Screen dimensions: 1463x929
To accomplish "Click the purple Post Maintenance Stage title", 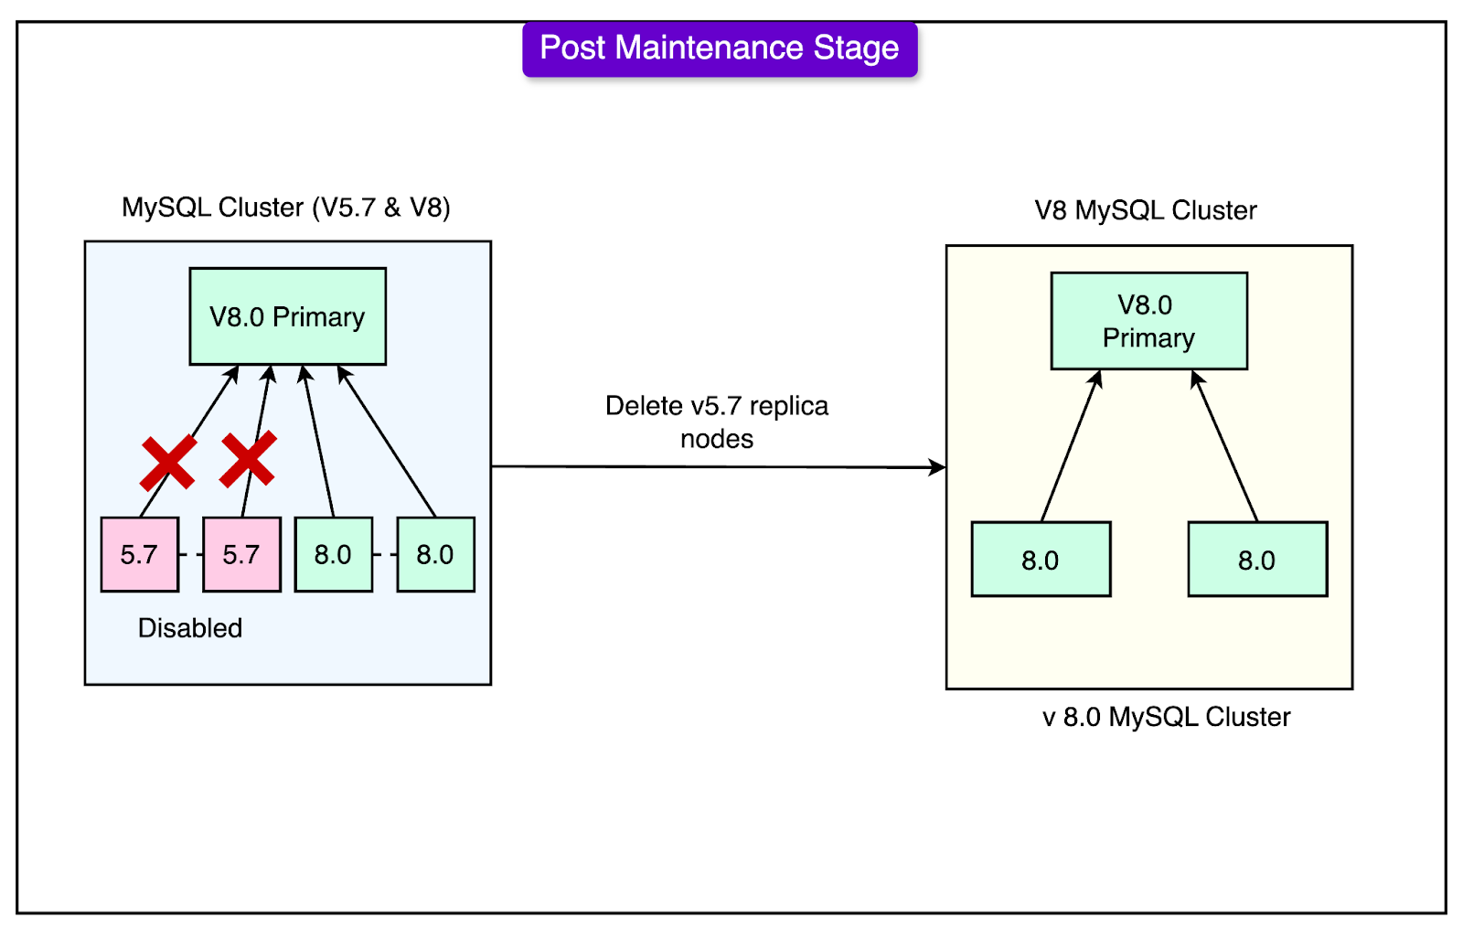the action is (x=720, y=49).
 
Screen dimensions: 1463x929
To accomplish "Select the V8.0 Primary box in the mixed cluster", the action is (x=287, y=316).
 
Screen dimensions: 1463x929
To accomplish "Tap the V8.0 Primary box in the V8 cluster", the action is (x=1148, y=321).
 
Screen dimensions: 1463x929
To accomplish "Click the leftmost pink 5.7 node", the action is (x=140, y=555).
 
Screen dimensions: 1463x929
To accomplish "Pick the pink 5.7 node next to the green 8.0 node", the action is (x=241, y=555).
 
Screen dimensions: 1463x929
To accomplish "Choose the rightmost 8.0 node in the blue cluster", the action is (x=435, y=555).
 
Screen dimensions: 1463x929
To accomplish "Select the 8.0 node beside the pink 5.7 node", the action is (x=334, y=555).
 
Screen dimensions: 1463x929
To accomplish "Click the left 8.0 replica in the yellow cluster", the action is (x=1041, y=560).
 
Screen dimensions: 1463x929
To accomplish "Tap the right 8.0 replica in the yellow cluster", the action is (x=1257, y=560).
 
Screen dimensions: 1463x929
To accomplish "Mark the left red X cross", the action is (x=168, y=462).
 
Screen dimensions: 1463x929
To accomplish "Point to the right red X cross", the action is (x=248, y=459).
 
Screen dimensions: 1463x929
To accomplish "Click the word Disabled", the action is (x=190, y=628).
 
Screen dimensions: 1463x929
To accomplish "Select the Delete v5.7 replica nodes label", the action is (x=717, y=422).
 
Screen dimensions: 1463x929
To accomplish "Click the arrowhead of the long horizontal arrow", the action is (x=938, y=467).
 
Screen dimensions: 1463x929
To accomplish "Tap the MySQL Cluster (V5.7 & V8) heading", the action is (x=286, y=208).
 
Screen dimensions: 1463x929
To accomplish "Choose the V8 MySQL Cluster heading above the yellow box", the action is (x=1146, y=210).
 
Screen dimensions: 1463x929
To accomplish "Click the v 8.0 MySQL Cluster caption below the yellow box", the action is (x=1167, y=718).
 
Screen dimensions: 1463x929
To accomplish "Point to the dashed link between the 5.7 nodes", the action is (x=191, y=555).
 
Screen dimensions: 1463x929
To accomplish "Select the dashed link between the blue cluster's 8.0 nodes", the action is (x=385, y=555).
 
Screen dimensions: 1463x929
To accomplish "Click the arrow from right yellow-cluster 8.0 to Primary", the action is (x=1224, y=445).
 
